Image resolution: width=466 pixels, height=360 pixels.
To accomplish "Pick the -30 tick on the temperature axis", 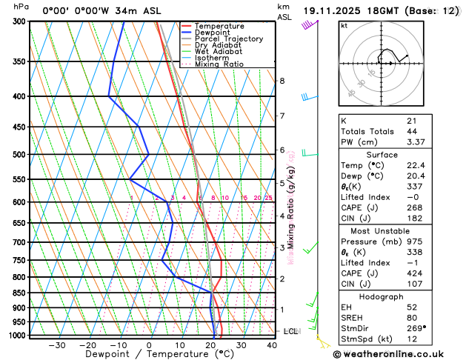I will (x=56, y=345).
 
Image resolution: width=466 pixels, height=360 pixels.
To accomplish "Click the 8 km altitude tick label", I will (x=282, y=81).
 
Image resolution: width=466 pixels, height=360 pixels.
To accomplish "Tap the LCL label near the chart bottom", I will (x=290, y=331).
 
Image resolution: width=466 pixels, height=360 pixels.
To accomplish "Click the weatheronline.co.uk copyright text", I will (x=392, y=353).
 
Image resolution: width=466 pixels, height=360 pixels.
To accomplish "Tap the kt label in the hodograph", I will (x=344, y=25).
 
